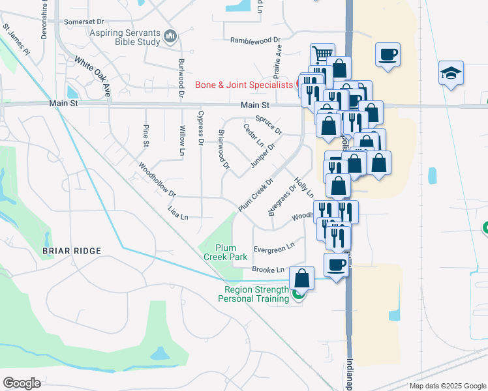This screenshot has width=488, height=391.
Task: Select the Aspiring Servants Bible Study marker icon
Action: (171, 35)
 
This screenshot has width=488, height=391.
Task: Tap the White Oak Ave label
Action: (93, 76)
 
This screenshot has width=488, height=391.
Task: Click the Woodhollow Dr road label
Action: (158, 180)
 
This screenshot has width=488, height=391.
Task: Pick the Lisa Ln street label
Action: (178, 213)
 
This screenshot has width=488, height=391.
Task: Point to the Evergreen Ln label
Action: (274, 248)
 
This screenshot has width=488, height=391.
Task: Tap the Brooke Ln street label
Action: (269, 269)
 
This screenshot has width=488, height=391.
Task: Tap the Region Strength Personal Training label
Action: (256, 295)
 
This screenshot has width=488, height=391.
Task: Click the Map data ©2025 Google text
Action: (448, 386)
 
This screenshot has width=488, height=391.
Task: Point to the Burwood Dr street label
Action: (181, 78)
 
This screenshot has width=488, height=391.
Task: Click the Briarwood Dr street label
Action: (224, 149)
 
